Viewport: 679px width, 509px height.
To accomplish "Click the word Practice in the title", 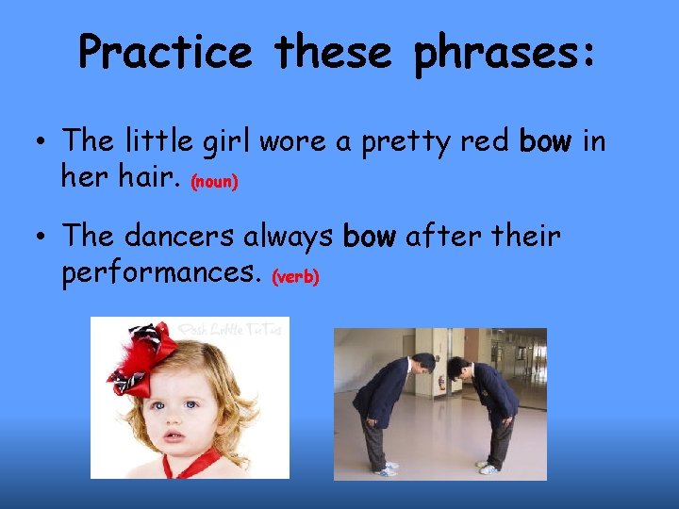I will (165, 52).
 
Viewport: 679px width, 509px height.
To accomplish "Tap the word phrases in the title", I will (504, 52).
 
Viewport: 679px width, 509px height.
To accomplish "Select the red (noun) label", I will (214, 181).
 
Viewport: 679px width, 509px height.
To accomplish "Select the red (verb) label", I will (296, 277).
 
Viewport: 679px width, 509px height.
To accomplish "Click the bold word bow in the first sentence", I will (546, 141).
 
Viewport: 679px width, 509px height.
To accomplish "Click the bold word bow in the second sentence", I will (370, 237).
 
